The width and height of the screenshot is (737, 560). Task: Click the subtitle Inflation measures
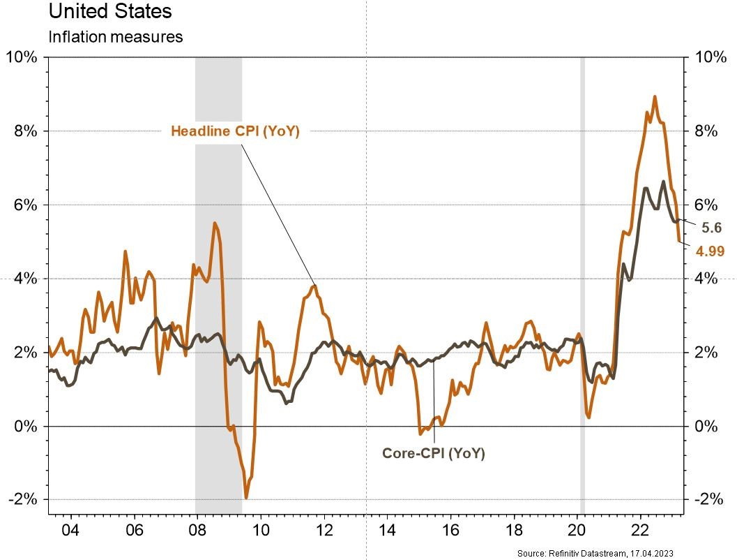click(115, 37)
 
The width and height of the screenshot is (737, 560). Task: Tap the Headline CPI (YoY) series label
click(235, 131)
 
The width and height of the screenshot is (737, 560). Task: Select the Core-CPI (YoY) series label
click(433, 453)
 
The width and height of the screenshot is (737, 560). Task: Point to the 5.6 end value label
click(711, 227)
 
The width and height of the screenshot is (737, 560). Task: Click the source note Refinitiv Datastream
click(624, 553)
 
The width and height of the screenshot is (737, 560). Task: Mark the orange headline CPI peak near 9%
click(655, 97)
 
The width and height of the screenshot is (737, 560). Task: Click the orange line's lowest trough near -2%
click(246, 497)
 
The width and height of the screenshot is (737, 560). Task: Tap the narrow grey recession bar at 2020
click(583, 279)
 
